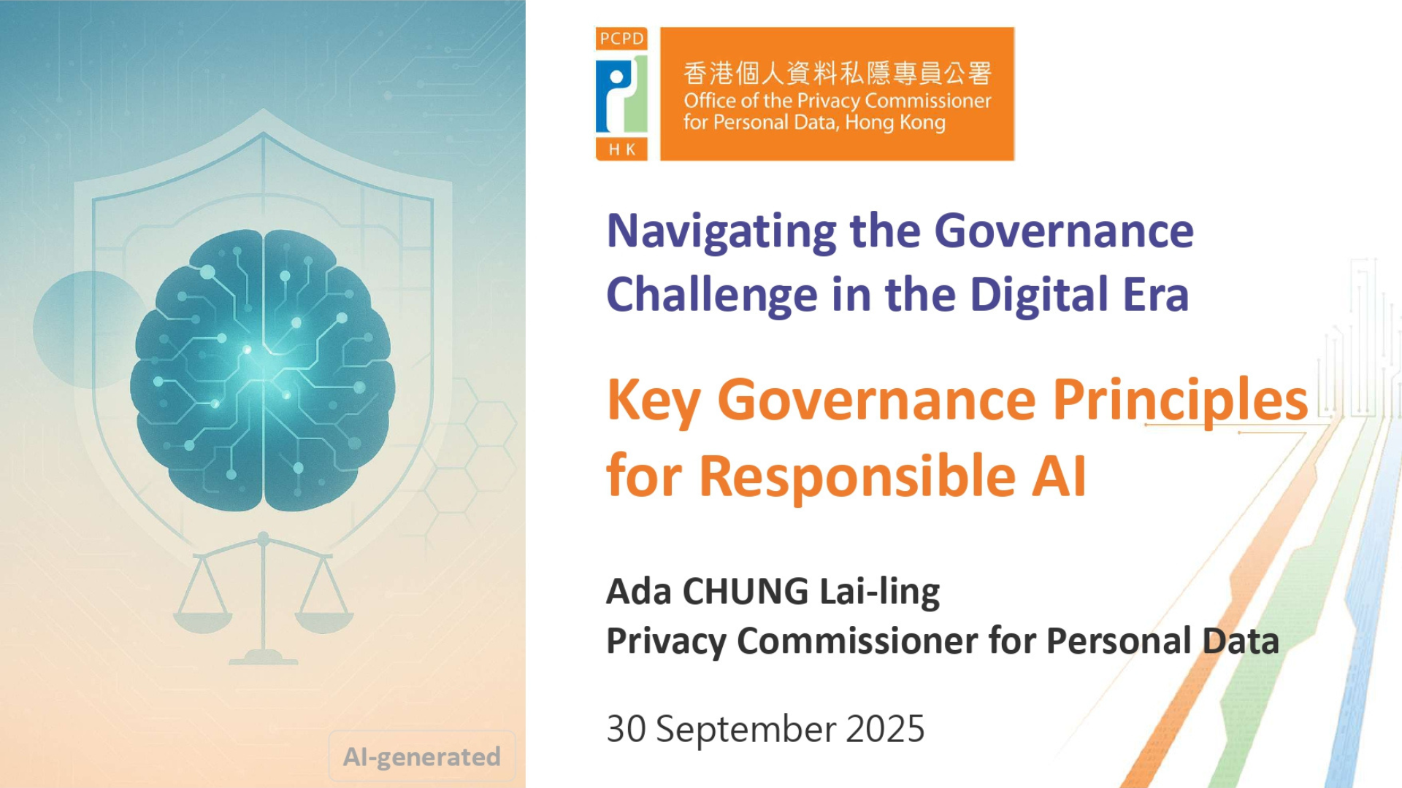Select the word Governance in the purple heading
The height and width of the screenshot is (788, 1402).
click(x=1064, y=231)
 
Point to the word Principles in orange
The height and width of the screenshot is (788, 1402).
click(x=1180, y=401)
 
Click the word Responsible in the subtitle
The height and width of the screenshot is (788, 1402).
click(x=857, y=476)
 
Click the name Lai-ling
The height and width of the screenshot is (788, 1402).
click(x=880, y=592)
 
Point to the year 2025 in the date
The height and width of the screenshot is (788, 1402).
click(x=885, y=729)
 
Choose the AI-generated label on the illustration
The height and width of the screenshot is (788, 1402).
click(x=422, y=757)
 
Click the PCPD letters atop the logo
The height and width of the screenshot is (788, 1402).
click(x=622, y=39)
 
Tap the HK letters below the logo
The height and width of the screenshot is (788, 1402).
click(x=622, y=150)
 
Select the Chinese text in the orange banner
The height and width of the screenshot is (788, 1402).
click(x=838, y=73)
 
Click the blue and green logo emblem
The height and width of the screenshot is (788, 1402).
click(x=621, y=94)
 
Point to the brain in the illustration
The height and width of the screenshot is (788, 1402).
click(x=264, y=371)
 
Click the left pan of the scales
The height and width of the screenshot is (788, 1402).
click(x=203, y=622)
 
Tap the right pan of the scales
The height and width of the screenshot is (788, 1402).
click(x=324, y=622)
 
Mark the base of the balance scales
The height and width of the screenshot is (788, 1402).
click(x=264, y=659)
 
